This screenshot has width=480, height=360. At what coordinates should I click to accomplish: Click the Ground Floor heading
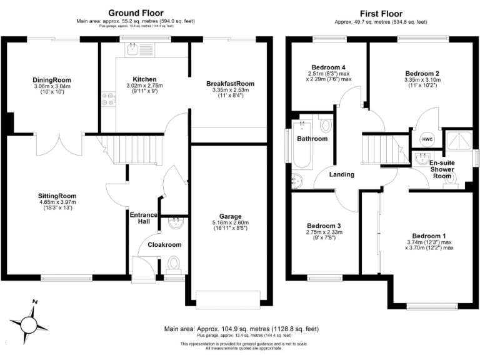(136, 12)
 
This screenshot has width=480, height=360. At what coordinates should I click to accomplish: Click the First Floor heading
(381, 13)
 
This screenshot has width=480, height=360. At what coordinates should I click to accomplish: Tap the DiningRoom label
(52, 80)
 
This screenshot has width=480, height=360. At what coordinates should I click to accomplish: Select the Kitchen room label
(144, 79)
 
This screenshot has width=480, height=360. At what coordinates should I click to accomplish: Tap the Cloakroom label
(164, 245)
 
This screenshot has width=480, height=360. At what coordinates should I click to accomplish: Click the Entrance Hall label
(144, 219)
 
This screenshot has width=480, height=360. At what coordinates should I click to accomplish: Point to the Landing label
(341, 174)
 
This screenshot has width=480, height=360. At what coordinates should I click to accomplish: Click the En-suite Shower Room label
(442, 169)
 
